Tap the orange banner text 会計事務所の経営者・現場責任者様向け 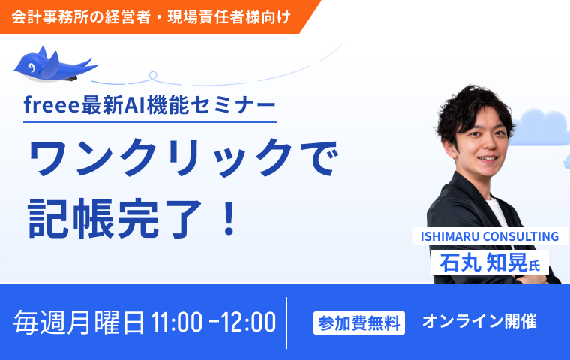pyautogui.click(x=151, y=16)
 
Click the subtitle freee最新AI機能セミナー pyautogui.click(x=150, y=106)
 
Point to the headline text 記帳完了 pyautogui.click(x=113, y=216)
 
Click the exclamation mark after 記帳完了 pyautogui.click(x=229, y=216)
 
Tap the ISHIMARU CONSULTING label pyautogui.click(x=490, y=236)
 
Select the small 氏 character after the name pyautogui.click(x=535, y=265)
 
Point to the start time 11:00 pyautogui.click(x=176, y=322)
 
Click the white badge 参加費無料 pyautogui.click(x=359, y=322)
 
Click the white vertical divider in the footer pyautogui.click(x=287, y=322)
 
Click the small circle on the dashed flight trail pyautogui.click(x=153, y=75)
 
